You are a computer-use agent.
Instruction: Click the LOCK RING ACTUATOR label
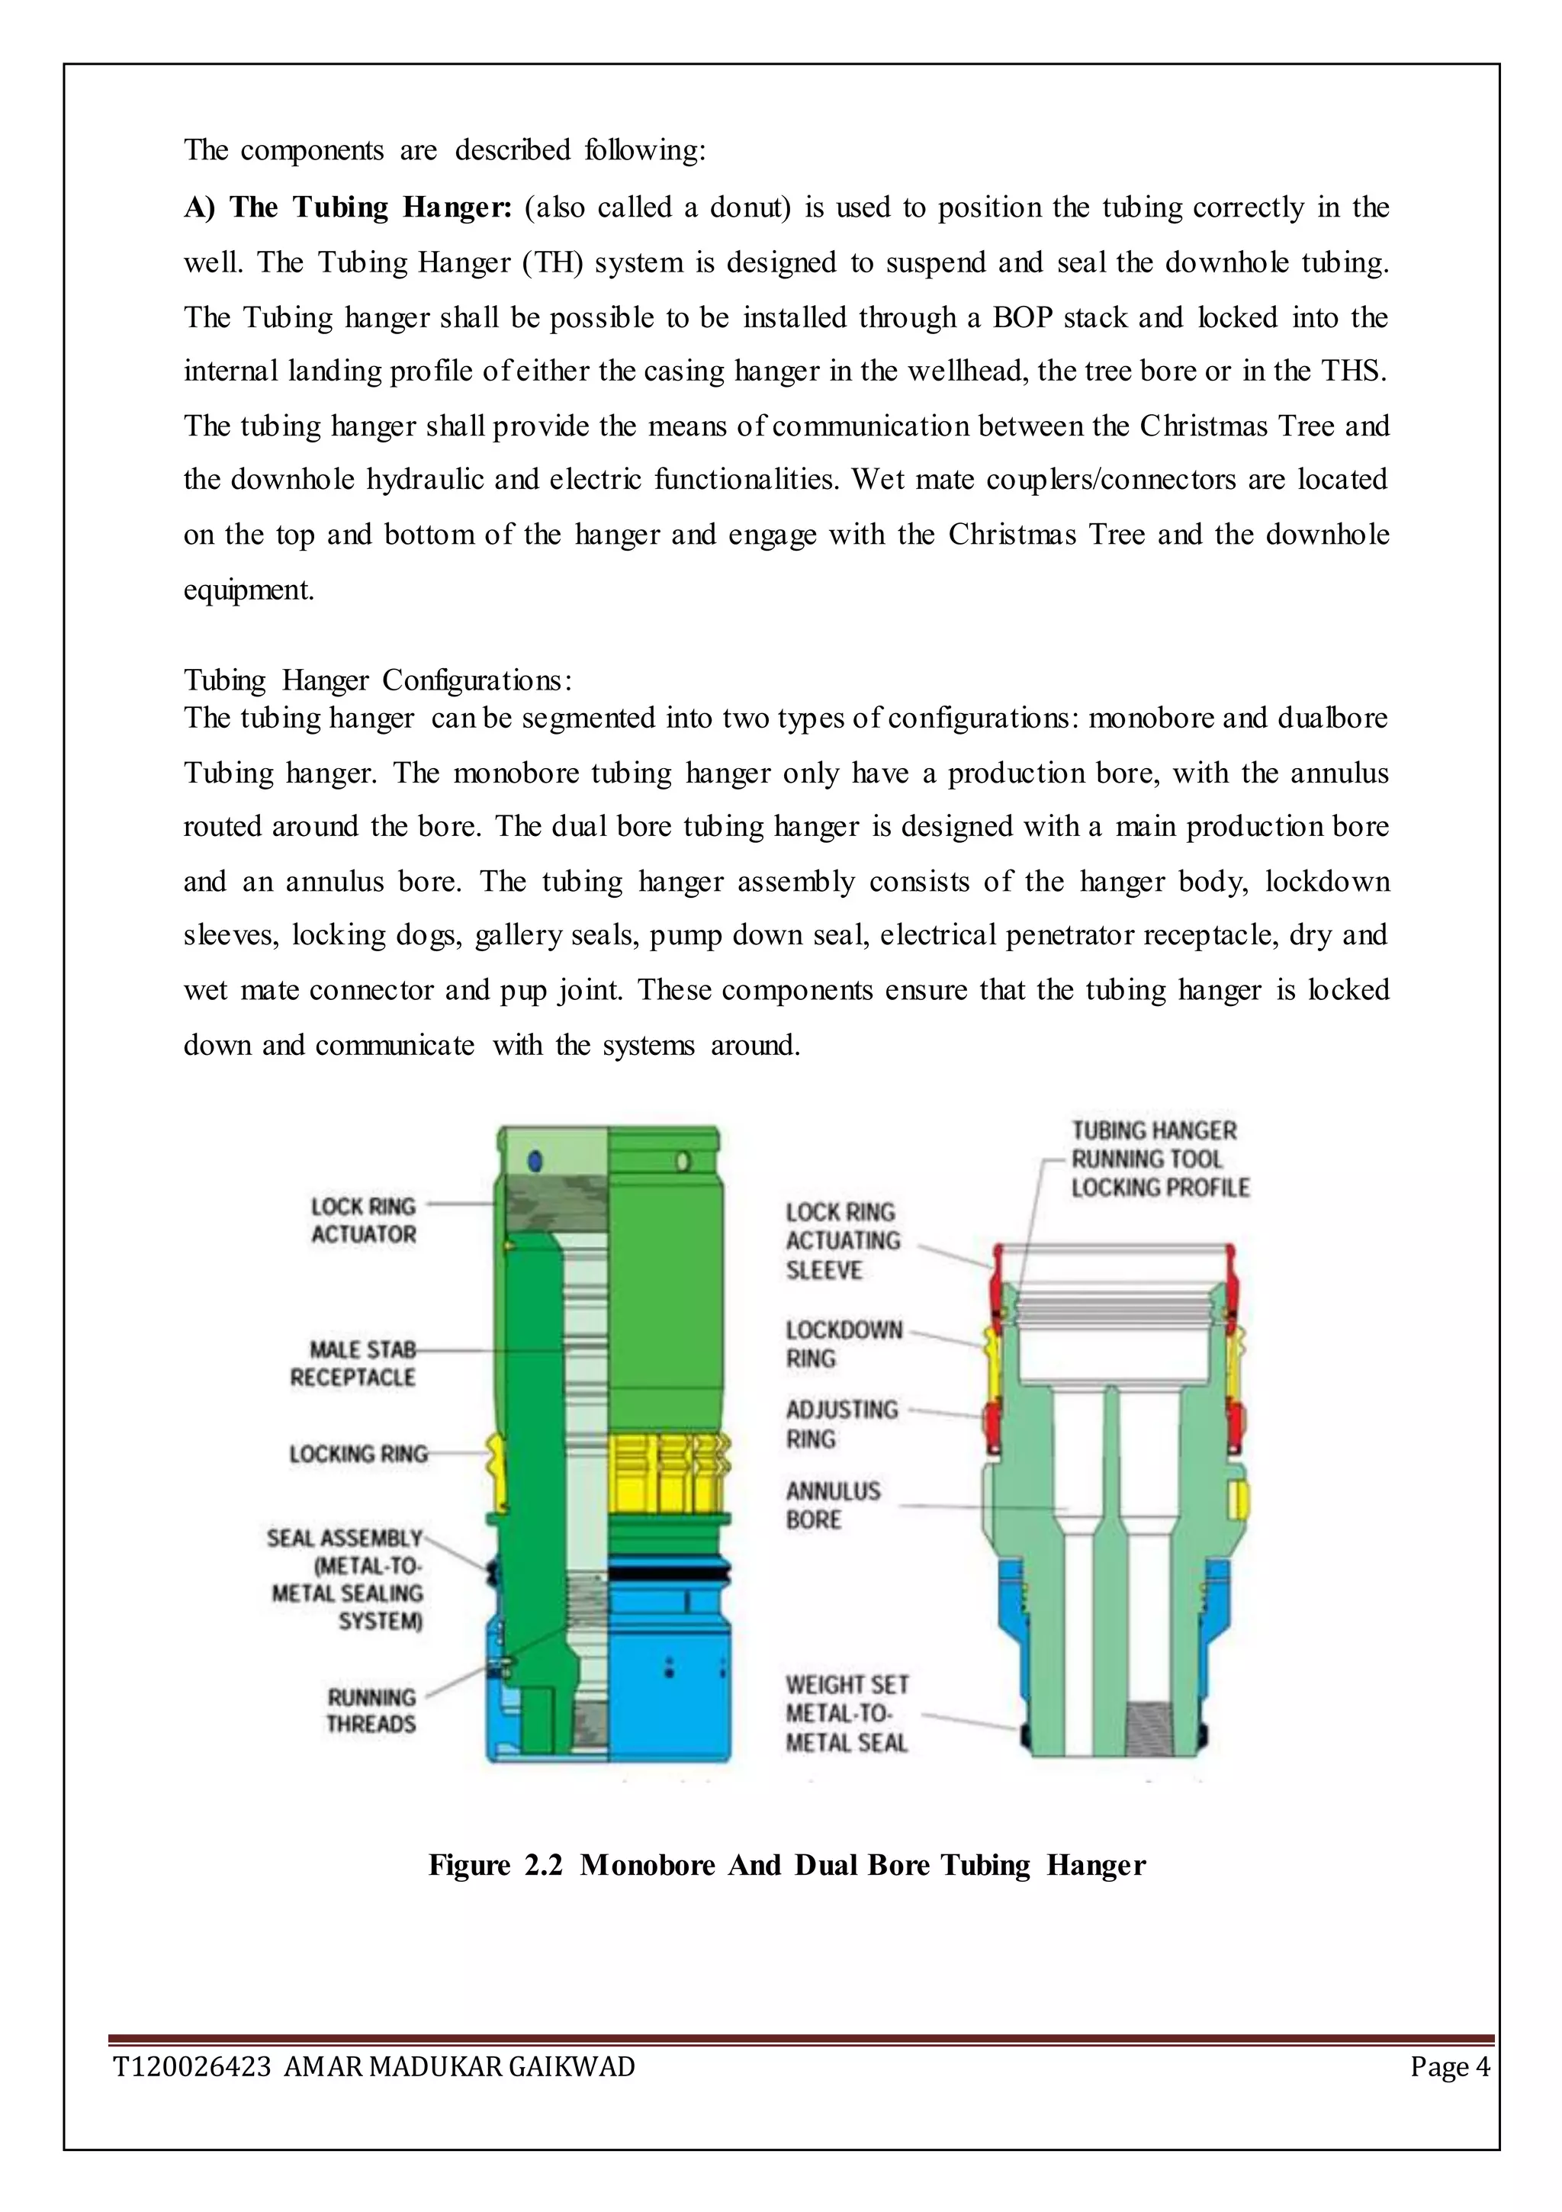pyautogui.click(x=363, y=1220)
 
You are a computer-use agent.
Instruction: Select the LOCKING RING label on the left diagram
pyautogui.click(x=358, y=1454)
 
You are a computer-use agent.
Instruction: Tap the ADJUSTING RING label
pyautogui.click(x=841, y=1424)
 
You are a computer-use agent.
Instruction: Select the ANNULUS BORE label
pyautogui.click(x=833, y=1505)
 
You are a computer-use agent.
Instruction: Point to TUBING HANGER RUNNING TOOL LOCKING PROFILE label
pyautogui.click(x=1159, y=1159)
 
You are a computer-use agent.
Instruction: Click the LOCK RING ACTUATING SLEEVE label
pyautogui.click(x=842, y=1241)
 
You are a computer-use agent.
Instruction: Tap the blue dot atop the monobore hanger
pyautogui.click(x=535, y=1162)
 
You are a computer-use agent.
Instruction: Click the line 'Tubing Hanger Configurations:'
pyautogui.click(x=378, y=680)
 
